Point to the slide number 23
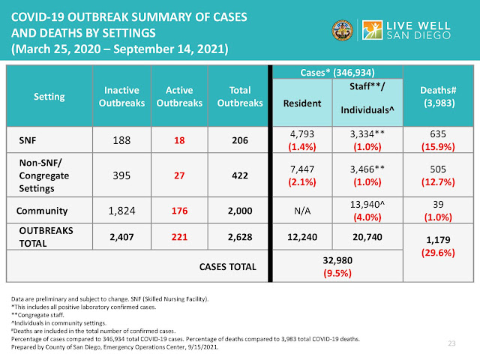pyautogui.click(x=451, y=344)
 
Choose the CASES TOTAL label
pyautogui.click(x=227, y=266)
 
